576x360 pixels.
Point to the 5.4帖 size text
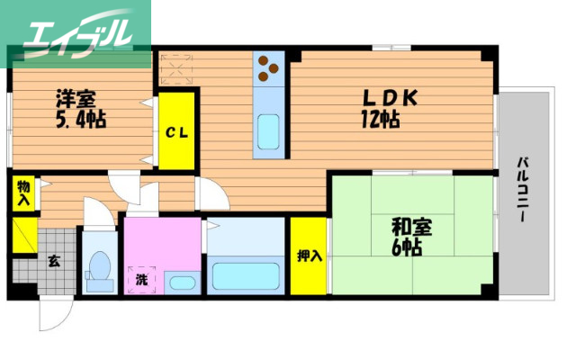(x=75, y=120)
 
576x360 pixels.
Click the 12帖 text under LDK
(x=382, y=119)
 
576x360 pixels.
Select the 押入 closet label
(x=309, y=256)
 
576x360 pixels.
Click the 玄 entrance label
(x=53, y=262)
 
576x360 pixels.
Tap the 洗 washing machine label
(x=141, y=279)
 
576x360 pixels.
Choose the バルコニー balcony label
(x=521, y=194)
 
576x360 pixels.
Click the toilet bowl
(x=100, y=268)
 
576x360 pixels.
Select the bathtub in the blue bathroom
(x=245, y=275)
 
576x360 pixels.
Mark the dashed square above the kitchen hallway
(x=176, y=69)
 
